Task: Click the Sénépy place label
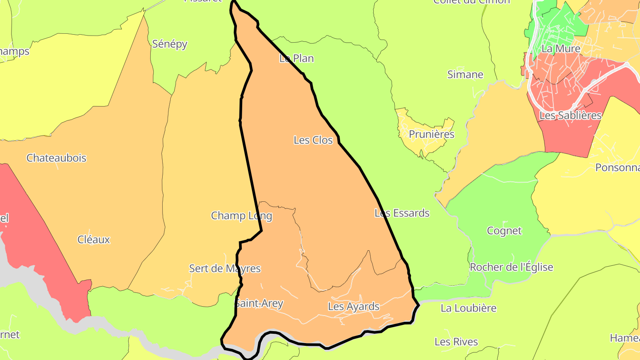(169, 44)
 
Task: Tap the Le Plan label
(296, 58)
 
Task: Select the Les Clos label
(313, 140)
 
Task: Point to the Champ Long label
(241, 216)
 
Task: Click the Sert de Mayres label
(225, 268)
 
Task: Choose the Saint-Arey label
(259, 304)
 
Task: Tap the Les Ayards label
(353, 306)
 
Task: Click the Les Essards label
(402, 213)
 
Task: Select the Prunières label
(431, 134)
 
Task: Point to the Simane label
(465, 74)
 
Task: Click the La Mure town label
(561, 48)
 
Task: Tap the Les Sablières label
(570, 115)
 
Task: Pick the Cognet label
(504, 231)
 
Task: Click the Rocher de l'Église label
(511, 267)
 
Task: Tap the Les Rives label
(456, 342)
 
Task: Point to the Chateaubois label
(56, 158)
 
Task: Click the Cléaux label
(93, 240)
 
